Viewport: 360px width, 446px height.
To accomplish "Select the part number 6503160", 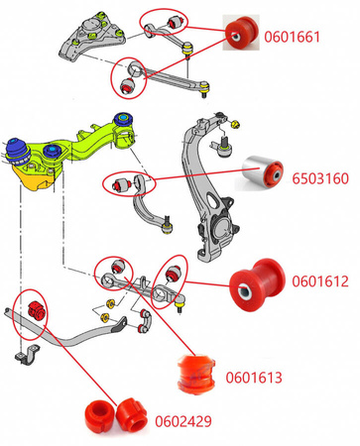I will pyautogui.click(x=320, y=178).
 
